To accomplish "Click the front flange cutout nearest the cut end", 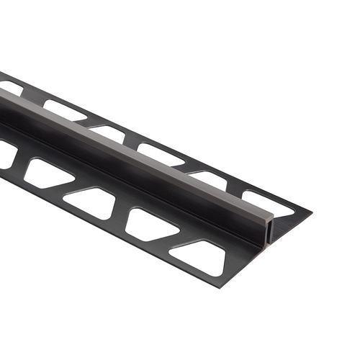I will (197, 257).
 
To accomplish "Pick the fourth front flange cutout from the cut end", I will (48, 171).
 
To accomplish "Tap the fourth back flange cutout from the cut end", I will (108, 132).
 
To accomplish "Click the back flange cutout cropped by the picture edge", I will (10, 87).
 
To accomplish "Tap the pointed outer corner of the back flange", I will (310, 212).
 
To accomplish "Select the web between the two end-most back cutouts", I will (238, 190).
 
